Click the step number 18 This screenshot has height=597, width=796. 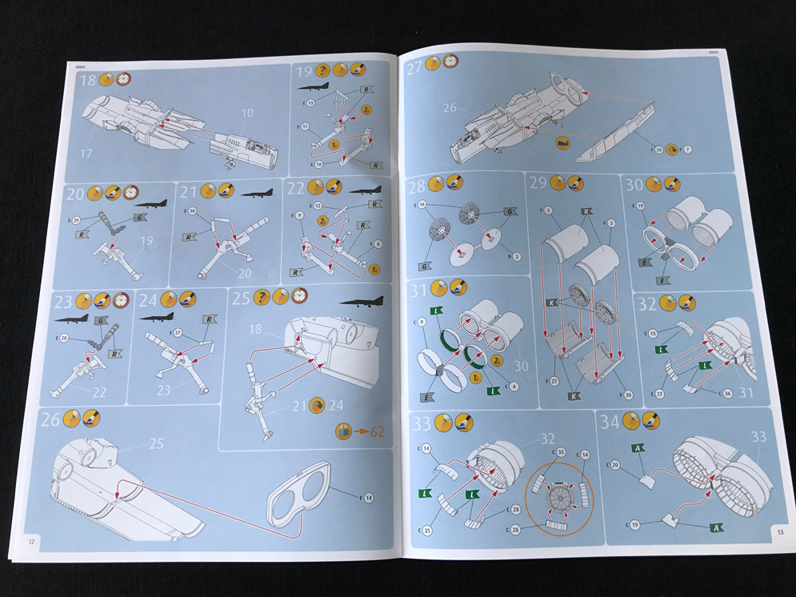pos(87,80)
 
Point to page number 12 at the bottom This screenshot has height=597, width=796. pos(32,542)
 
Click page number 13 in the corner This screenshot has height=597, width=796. pos(778,531)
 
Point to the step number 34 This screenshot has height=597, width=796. pos(610,422)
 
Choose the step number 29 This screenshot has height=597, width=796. pos(538,184)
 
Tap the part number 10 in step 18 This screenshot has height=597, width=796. pos(247,114)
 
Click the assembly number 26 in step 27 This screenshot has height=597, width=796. pos(449,107)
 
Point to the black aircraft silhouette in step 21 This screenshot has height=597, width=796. pos(257,193)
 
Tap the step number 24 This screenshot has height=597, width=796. pos(147,301)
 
